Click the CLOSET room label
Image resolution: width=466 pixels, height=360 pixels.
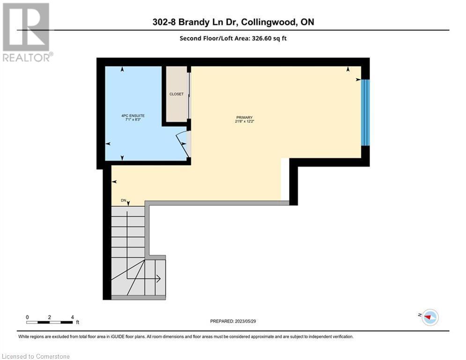click(x=177, y=94)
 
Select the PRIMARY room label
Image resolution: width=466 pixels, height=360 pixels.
click(x=244, y=118)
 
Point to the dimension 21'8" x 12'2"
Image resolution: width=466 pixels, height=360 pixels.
click(x=244, y=121)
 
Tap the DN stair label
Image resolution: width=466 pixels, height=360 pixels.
click(x=124, y=201)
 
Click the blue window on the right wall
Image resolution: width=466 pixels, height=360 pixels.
click(x=366, y=112)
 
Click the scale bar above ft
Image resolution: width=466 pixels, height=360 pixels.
click(x=50, y=322)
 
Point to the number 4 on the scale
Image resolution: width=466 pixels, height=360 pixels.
click(x=73, y=317)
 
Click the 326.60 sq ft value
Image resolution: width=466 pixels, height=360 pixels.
click(x=271, y=38)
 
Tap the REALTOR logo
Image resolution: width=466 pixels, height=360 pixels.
click(x=27, y=32)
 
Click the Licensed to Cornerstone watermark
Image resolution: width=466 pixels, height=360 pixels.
click(x=36, y=356)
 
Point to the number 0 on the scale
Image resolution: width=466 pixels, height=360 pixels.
click(x=28, y=317)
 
